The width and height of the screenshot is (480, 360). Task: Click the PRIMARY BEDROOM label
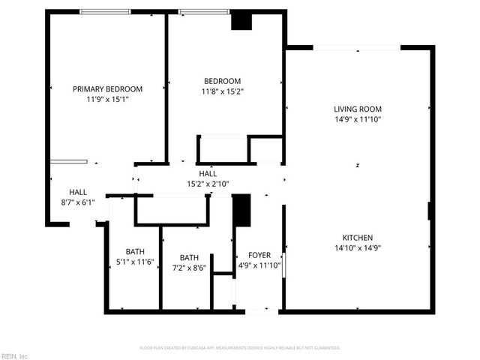[x=107, y=88]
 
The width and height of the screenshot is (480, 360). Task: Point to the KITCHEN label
[x=358, y=238]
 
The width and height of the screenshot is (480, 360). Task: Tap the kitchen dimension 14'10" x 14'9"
[x=358, y=248]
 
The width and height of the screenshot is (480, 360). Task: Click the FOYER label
[x=259, y=255]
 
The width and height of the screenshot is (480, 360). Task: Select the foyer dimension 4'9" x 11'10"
[x=259, y=265]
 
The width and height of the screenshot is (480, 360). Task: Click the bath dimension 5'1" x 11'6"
[x=135, y=262]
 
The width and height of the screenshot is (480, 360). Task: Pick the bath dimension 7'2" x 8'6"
[x=189, y=268]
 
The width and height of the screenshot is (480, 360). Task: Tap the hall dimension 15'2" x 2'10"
[x=208, y=184]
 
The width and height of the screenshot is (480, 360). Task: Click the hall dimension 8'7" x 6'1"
[x=78, y=202]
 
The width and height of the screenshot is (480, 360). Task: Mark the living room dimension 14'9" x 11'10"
[x=358, y=119]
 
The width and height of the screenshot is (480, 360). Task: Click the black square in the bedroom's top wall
[x=241, y=22]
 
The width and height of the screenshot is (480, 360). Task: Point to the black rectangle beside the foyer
[x=241, y=210]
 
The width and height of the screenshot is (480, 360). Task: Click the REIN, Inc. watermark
[x=15, y=355]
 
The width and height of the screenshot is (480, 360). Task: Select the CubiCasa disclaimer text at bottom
[x=240, y=348]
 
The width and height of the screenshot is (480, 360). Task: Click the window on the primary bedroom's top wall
[x=106, y=11]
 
